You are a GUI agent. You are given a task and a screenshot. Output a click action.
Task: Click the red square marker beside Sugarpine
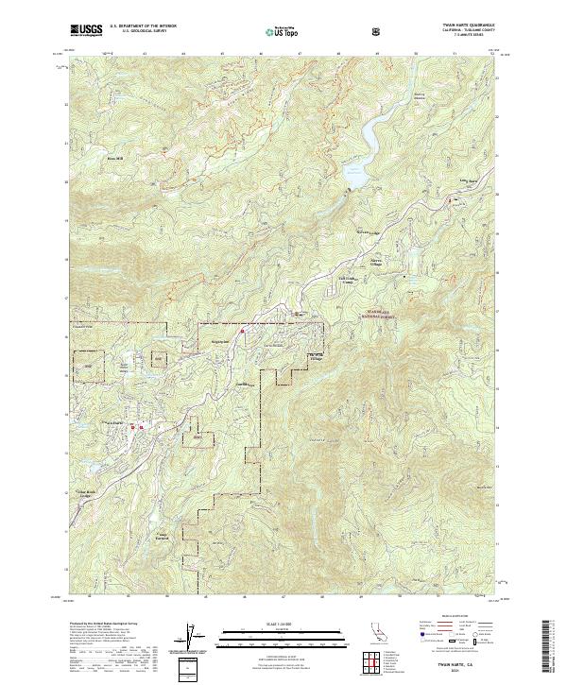coord(242,331)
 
